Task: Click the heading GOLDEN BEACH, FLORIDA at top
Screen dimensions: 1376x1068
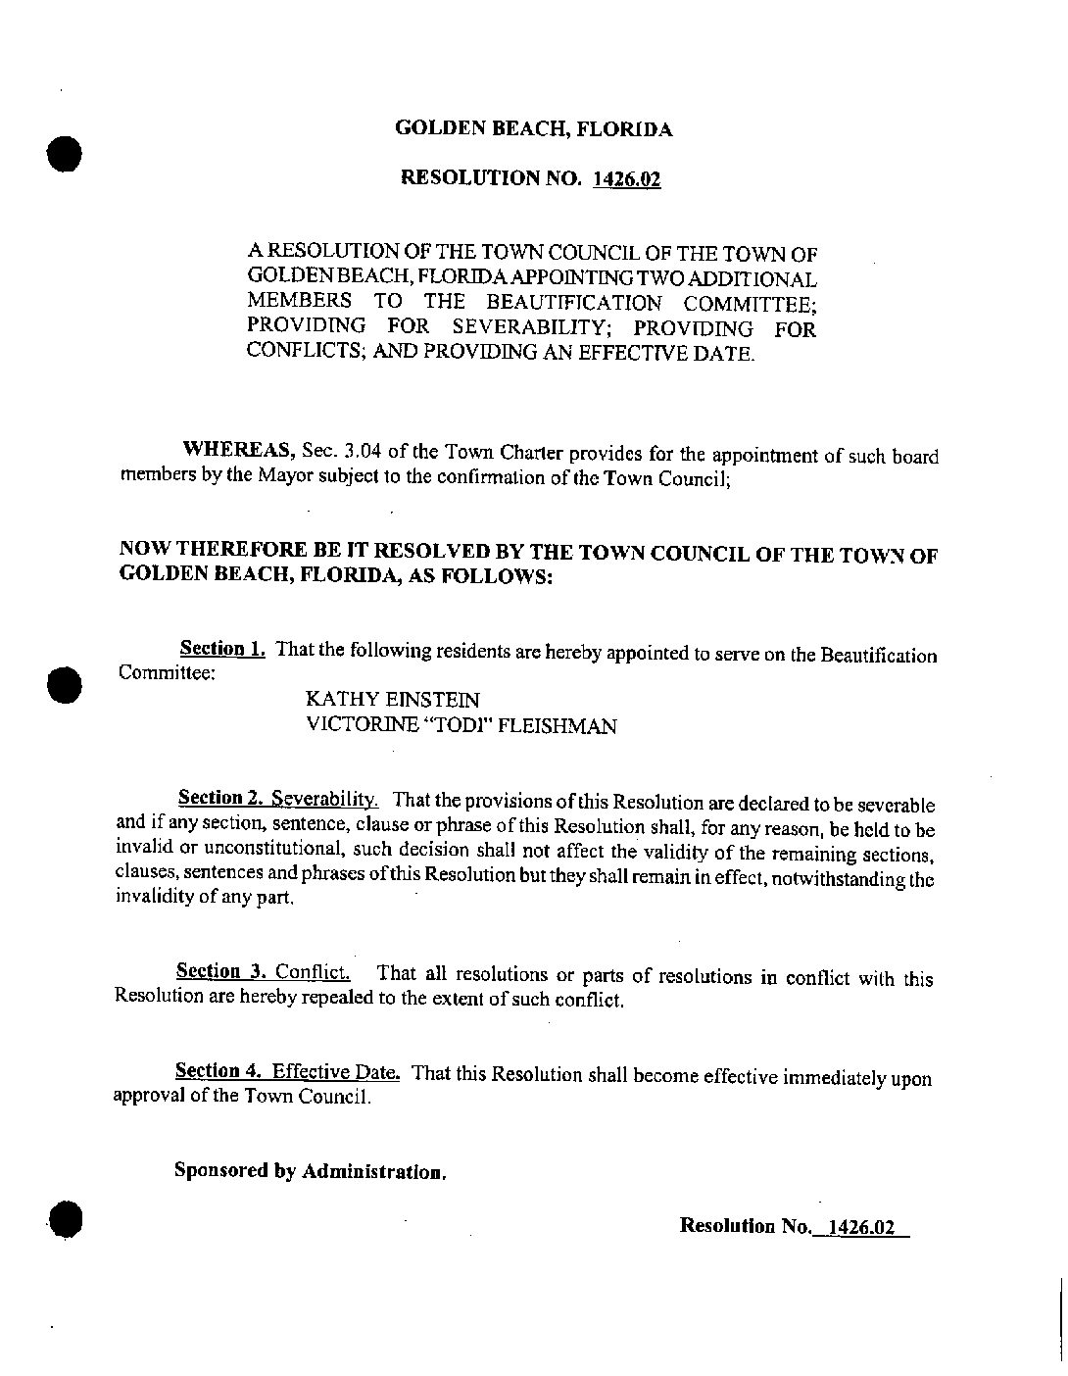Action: click(x=533, y=128)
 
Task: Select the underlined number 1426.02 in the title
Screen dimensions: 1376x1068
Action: click(x=627, y=179)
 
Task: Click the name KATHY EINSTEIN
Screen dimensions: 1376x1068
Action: click(x=393, y=699)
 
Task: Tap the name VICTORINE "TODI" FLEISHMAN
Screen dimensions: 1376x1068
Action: click(x=461, y=726)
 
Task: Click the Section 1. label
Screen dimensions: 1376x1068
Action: click(x=221, y=649)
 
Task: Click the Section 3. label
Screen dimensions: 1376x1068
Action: click(x=221, y=972)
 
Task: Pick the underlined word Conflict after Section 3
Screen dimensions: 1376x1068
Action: click(x=313, y=973)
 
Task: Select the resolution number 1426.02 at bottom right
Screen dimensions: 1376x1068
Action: click(x=860, y=1226)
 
